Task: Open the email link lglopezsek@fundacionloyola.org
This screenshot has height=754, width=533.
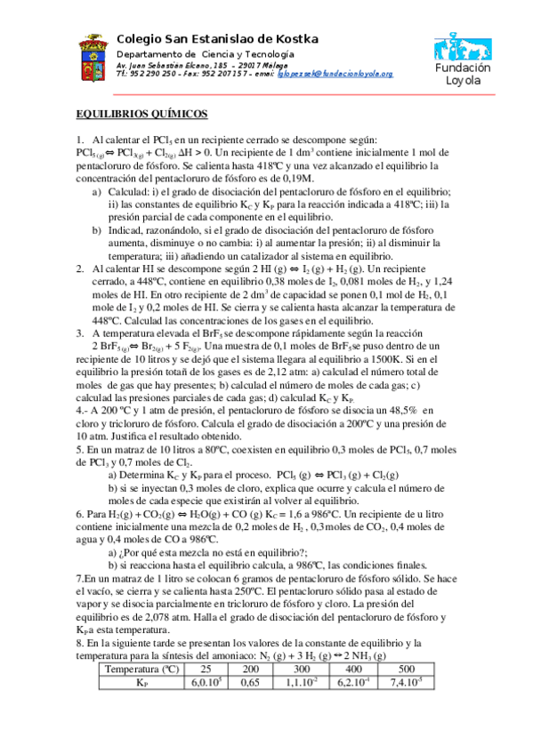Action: (335, 74)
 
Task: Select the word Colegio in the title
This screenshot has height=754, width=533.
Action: (141, 37)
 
